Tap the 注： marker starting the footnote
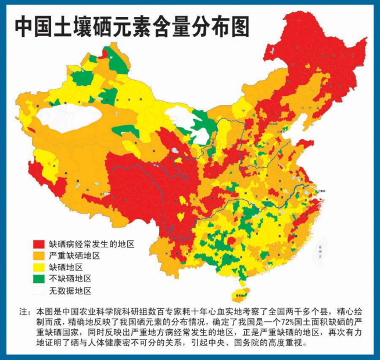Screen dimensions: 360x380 pos(25,311)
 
